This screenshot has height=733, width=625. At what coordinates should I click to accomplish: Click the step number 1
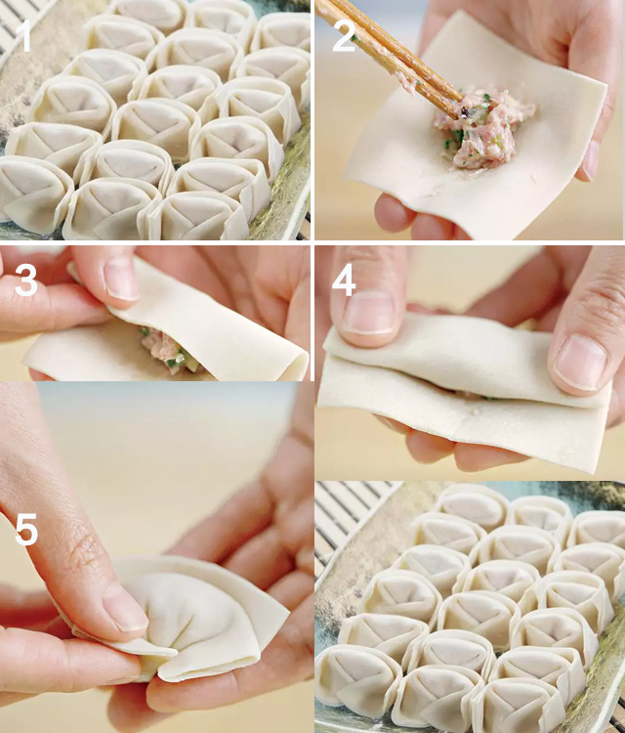(x=23, y=36)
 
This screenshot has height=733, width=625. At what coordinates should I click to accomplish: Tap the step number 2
(x=345, y=36)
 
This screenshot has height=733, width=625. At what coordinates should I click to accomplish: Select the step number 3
(x=25, y=280)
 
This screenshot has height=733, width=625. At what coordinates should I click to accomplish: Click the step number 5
(x=26, y=529)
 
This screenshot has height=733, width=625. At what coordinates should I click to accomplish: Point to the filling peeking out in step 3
(x=167, y=350)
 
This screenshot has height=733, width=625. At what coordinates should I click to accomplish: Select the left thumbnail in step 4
(x=368, y=313)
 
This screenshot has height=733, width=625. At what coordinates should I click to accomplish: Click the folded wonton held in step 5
(x=187, y=617)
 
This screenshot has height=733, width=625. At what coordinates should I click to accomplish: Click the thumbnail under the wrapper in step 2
(x=591, y=160)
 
